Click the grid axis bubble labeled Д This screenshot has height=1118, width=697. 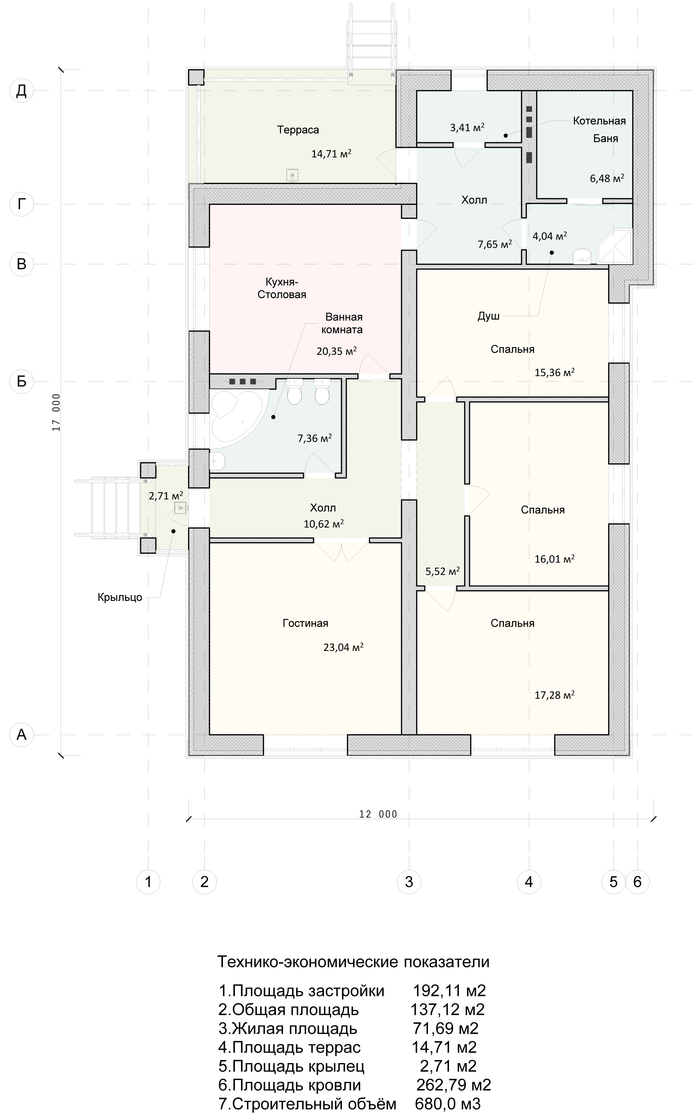22,91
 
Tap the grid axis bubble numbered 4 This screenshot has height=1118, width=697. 529,882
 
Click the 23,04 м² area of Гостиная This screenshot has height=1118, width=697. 344,647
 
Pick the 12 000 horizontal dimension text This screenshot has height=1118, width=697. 378,814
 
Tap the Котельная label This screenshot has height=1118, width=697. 599,121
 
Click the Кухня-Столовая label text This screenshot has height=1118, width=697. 282,288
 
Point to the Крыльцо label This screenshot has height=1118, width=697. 120,598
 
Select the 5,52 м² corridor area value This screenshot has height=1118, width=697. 443,571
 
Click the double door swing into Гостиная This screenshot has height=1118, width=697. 342,550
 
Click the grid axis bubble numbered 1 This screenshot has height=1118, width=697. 148,882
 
